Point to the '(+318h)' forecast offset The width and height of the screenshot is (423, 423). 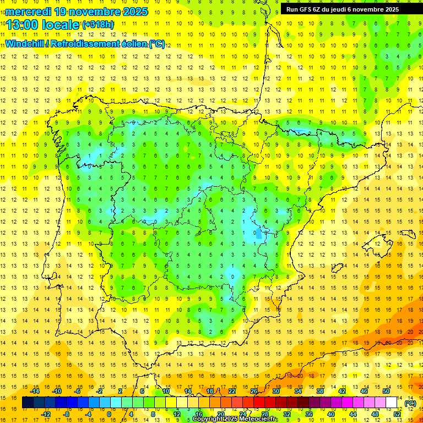pos(99,25)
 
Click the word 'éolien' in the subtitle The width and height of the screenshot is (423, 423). pos(133,44)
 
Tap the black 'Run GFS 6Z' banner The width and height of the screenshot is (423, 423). pos(347,9)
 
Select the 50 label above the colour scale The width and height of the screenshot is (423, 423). pos(386,391)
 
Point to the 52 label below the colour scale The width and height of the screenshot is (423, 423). pos(397,414)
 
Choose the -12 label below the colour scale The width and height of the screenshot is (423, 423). pos(46,414)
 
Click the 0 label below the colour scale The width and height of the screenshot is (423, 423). pos(109,414)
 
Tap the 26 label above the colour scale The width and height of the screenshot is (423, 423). pos(254,391)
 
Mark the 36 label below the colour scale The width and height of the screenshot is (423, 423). pos(309,414)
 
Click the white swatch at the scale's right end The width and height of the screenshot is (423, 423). pos(392,403)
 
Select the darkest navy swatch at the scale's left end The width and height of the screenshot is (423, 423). pos(28,403)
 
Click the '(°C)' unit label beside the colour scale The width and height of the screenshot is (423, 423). pos(411,403)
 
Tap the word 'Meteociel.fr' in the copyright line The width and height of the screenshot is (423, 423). pos(259,419)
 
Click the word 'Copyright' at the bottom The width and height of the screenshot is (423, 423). pos(208,419)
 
